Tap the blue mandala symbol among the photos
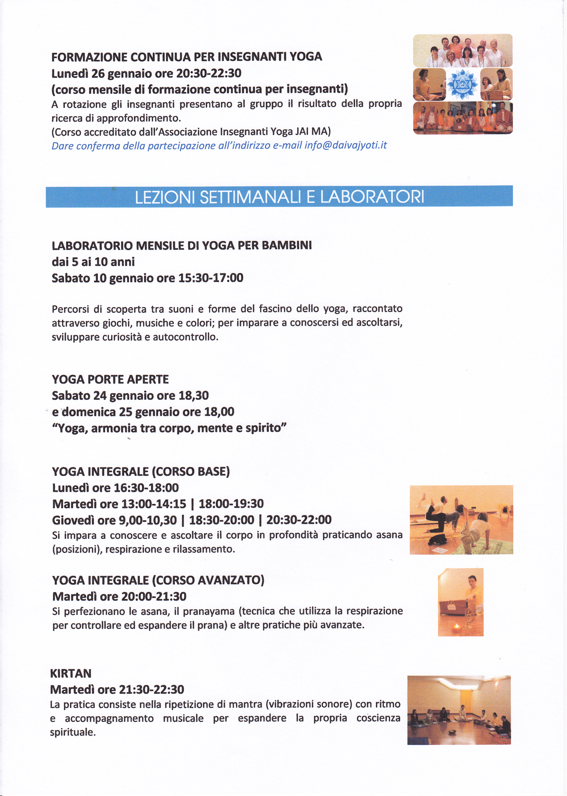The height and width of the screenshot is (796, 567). click(x=463, y=84)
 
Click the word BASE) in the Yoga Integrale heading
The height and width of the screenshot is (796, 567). click(x=213, y=471)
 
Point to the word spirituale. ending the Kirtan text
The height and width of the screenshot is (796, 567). click(x=73, y=732)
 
